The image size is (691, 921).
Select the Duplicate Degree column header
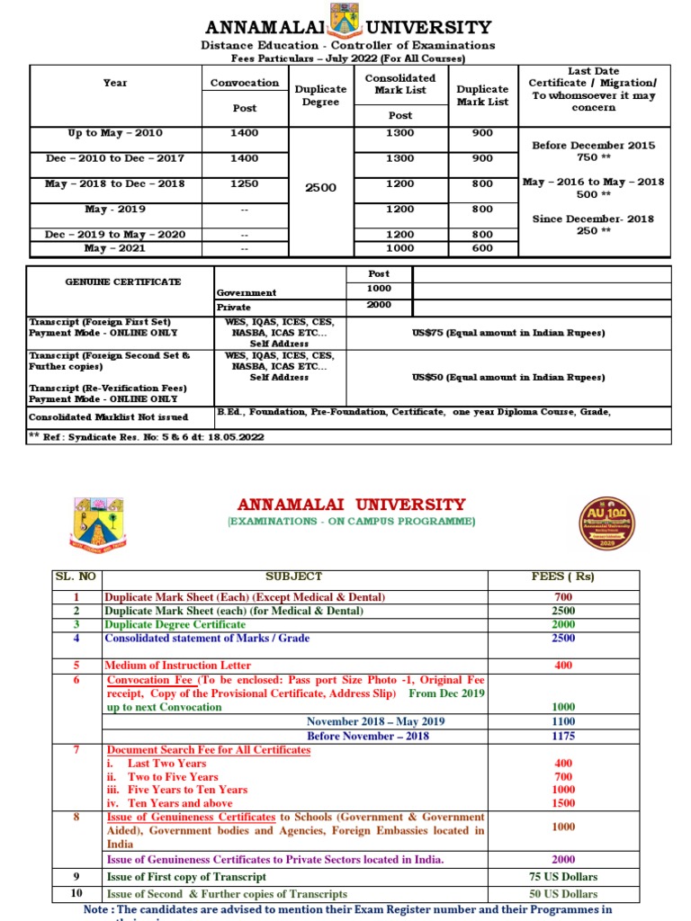tap(321, 95)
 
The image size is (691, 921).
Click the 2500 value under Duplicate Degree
tap(321, 187)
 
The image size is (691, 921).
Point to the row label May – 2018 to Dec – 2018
tap(114, 183)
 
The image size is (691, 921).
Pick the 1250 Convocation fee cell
tap(244, 183)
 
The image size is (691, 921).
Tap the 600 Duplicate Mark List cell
tap(482, 248)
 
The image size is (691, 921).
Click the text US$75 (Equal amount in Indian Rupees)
tap(508, 333)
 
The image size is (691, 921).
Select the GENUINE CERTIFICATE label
tap(122, 282)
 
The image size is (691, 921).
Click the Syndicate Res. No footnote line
tap(147, 437)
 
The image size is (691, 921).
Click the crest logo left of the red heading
tap(97, 523)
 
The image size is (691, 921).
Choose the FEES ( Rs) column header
tap(563, 577)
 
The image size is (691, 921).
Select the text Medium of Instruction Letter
tap(178, 666)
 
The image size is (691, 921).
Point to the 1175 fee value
tap(563, 736)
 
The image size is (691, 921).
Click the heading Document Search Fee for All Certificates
tap(209, 750)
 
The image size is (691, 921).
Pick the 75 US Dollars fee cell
tap(563, 877)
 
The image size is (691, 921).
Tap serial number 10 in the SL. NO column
tap(76, 893)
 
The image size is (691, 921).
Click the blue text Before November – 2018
tap(368, 736)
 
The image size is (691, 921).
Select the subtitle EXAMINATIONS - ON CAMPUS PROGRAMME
tap(352, 522)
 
